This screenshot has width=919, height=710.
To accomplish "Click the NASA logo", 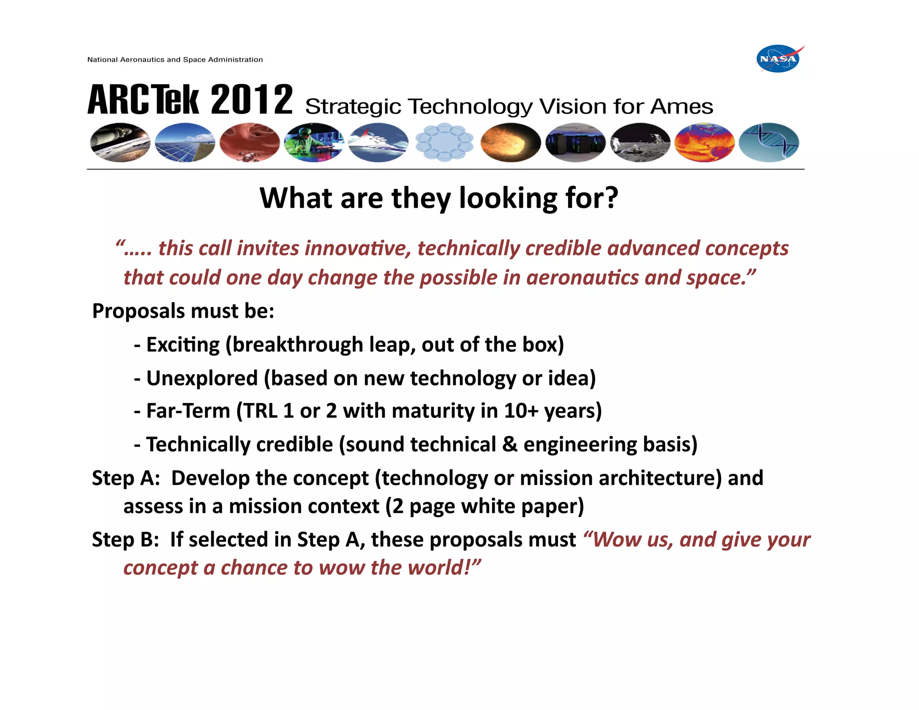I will click(779, 59).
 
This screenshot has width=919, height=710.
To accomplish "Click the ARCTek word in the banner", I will click(143, 100).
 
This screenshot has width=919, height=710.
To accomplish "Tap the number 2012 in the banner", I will click(251, 100).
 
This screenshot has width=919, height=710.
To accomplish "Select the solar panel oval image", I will click(185, 142).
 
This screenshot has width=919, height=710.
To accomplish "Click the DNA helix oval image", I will click(769, 142).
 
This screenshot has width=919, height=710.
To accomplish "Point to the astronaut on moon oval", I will click(640, 142).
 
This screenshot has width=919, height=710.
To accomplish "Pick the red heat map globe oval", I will click(704, 142).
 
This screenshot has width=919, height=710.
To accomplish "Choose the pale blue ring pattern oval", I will click(444, 142).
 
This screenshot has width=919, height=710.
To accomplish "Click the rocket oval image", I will click(120, 142).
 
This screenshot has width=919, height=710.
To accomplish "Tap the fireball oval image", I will click(510, 142).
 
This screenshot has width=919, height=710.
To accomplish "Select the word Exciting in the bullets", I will click(183, 345).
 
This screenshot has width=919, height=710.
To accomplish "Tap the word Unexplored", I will click(202, 378).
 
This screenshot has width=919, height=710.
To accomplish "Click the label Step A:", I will click(126, 478).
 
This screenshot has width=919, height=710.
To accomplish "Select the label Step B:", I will click(125, 540).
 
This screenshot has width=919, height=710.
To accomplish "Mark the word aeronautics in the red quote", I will click(582, 278).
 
